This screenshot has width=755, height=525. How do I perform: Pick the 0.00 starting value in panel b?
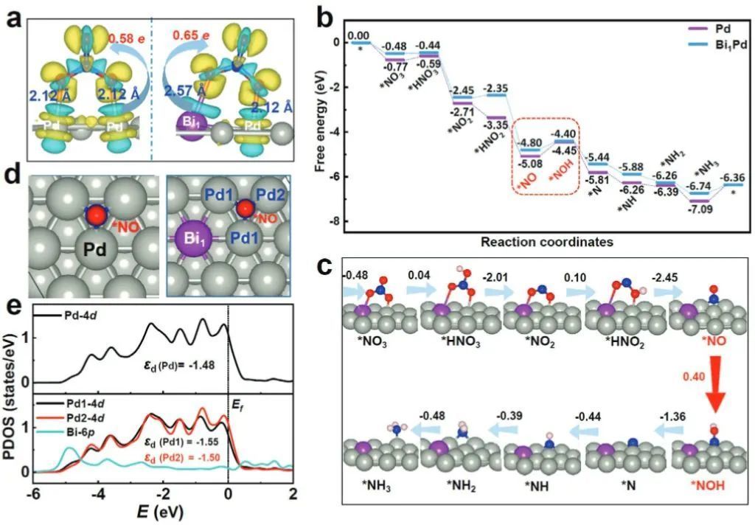coord(359,35)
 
